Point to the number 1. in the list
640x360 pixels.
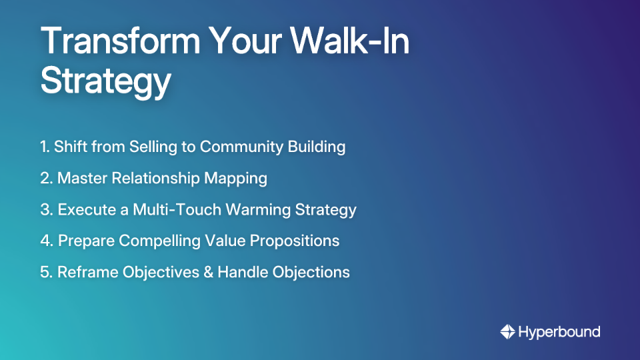(x=45, y=147)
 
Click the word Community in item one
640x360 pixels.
(x=244, y=147)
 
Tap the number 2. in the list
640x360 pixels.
(x=46, y=178)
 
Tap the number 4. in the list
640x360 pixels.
(x=47, y=241)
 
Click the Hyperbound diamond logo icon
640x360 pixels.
(x=507, y=331)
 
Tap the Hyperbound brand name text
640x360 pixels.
(x=559, y=331)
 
